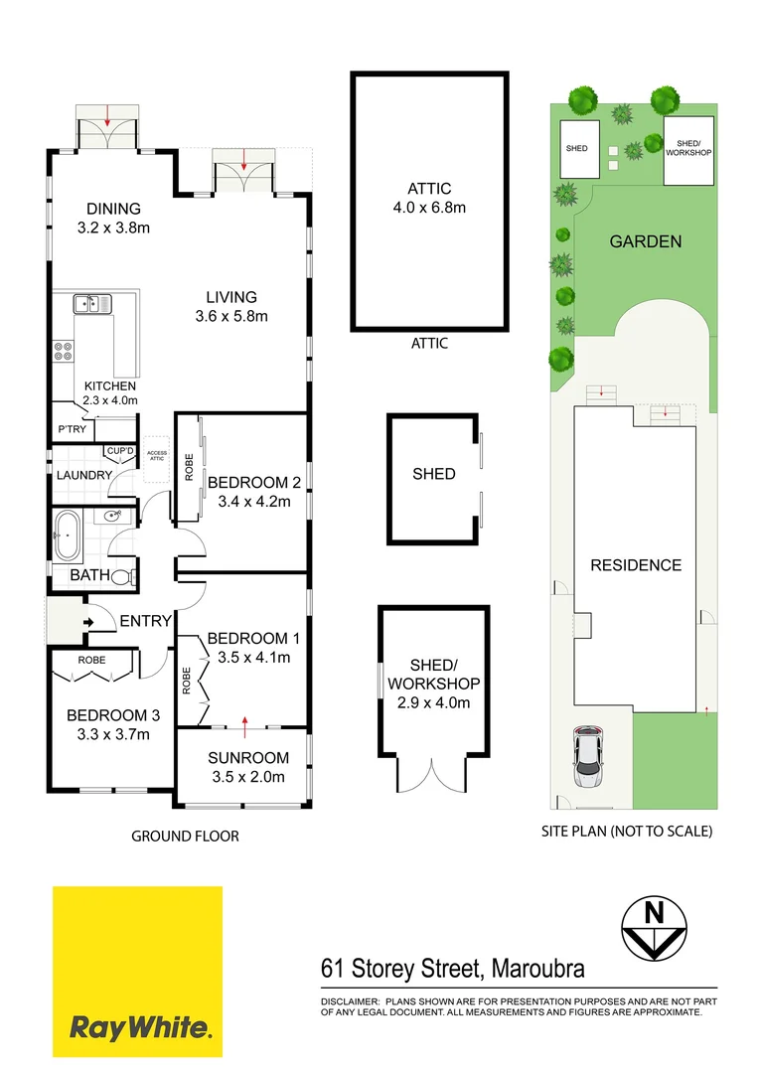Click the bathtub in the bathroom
click(x=68, y=536)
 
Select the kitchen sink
click(x=90, y=304)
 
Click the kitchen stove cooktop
click(x=64, y=351)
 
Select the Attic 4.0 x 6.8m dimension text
click(x=429, y=208)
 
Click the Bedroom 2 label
click(x=253, y=492)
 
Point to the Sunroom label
click(x=247, y=767)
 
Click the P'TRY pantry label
click(x=71, y=429)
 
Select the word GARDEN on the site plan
click(x=645, y=240)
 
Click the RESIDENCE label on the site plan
click(x=636, y=564)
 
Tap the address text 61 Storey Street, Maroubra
click(x=452, y=967)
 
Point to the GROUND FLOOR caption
click(x=185, y=836)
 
